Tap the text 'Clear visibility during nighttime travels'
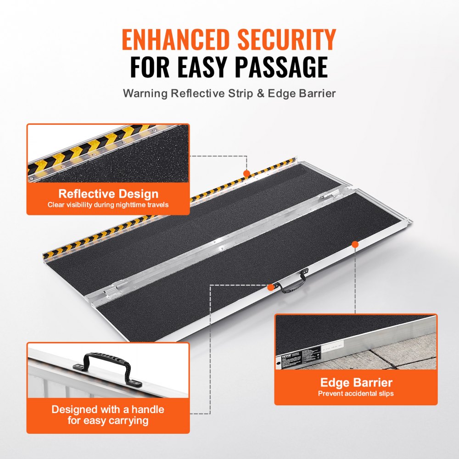coord(108,205)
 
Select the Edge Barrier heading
coord(356,382)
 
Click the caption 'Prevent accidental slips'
coord(356,393)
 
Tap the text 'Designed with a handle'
coord(108,409)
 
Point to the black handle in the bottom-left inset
coord(108,365)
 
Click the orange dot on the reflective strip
coord(246,174)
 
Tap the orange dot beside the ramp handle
coord(271,287)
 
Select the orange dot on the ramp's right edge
coord(355,244)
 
